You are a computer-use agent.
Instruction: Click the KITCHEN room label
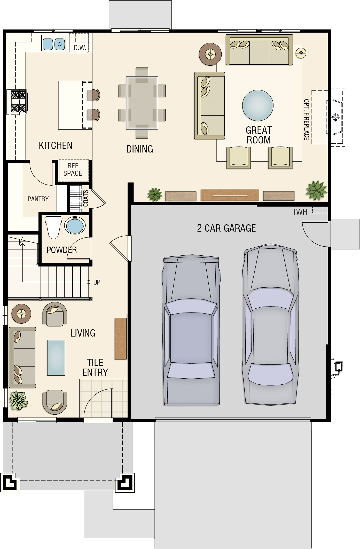pos(56,146)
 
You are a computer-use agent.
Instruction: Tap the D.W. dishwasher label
pos(80,48)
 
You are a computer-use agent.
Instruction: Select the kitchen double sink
pos(54,43)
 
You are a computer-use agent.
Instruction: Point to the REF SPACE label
pos(73,170)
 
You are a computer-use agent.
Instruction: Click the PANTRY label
pos(38,199)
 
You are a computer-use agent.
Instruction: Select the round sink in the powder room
pos(75,225)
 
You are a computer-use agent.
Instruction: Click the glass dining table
pos(142,103)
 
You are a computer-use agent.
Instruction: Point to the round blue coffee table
pos(258,105)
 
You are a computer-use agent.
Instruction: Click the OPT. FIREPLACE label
pos(307,120)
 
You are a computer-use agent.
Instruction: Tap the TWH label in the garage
pos(300,212)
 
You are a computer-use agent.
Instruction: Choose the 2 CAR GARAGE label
pos(226,228)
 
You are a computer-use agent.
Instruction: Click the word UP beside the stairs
pos(97,282)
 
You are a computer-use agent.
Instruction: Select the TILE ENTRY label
pos(95,367)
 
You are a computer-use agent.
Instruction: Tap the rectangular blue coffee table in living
pos(56,357)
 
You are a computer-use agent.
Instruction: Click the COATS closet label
pos(86,198)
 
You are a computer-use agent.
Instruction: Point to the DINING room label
pos(140,149)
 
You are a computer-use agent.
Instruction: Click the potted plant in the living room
pos(19,400)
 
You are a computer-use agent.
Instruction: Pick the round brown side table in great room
pos(210,54)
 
